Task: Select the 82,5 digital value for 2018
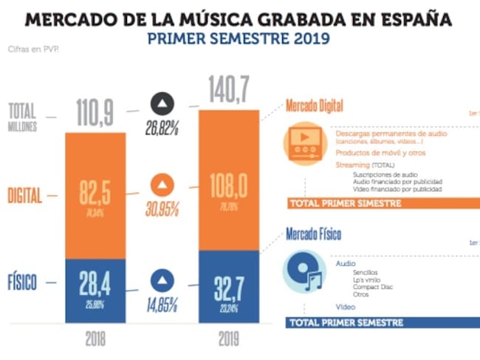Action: click(x=94, y=196)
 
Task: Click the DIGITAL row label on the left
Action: click(x=25, y=196)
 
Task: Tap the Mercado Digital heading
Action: click(x=315, y=106)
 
